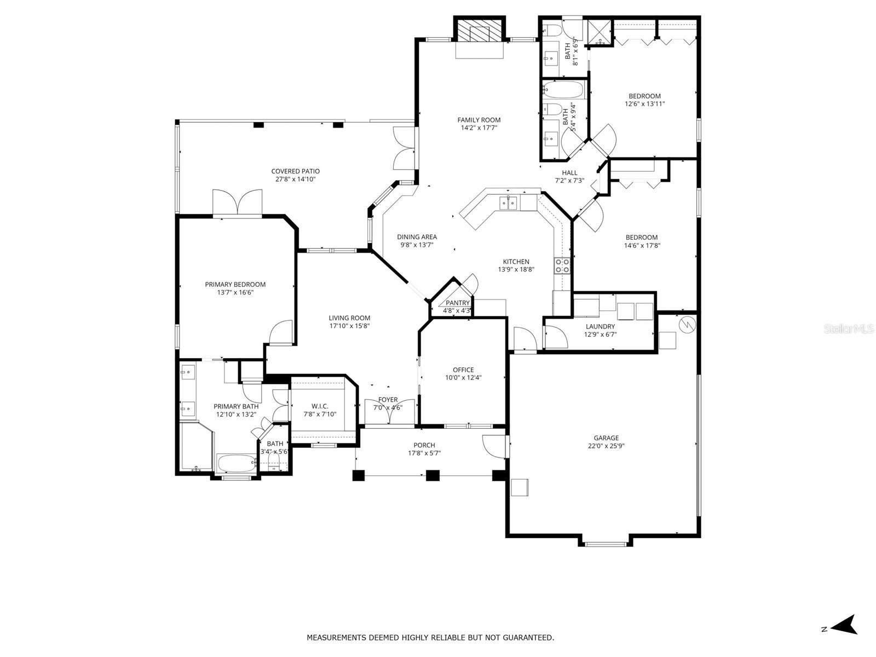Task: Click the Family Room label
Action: click(479, 120)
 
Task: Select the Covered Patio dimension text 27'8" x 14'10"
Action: click(295, 179)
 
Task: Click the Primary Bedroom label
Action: click(235, 284)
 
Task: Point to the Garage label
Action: click(606, 437)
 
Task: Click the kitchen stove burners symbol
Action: click(562, 266)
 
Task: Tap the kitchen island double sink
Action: click(508, 203)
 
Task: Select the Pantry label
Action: click(458, 303)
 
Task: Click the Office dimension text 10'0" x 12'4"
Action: click(463, 377)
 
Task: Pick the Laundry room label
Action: click(600, 326)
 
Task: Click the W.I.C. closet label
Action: click(320, 406)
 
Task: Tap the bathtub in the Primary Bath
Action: click(236, 464)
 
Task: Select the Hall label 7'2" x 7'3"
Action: click(569, 176)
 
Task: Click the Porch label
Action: click(424, 445)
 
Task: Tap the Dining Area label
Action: click(417, 237)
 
